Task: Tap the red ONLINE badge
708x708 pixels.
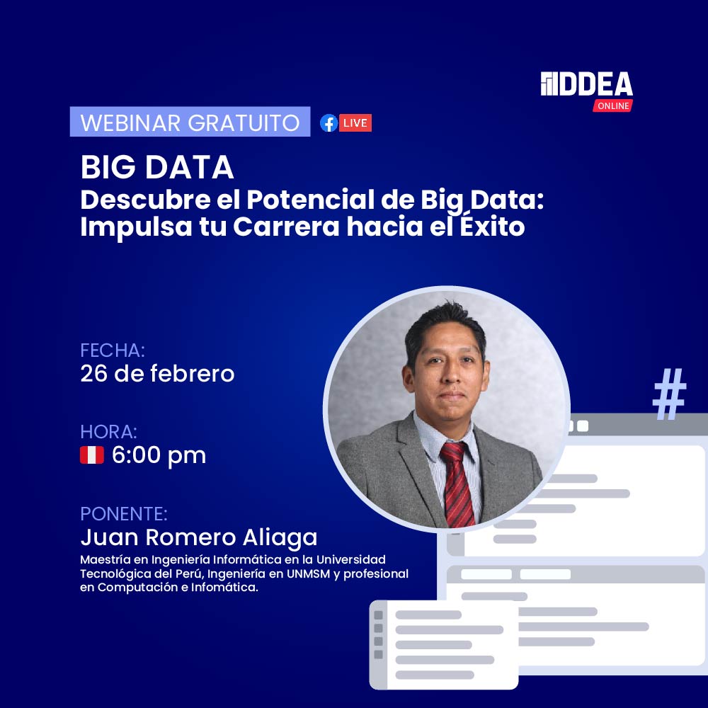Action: [x=612, y=105]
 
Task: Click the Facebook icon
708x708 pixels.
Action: [x=329, y=123]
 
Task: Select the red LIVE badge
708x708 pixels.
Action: [x=355, y=123]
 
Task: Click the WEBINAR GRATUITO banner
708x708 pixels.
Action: [x=190, y=122]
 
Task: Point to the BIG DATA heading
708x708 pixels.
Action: [x=157, y=168]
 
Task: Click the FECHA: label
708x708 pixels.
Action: [x=113, y=350]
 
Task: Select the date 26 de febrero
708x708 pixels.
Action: [x=157, y=373]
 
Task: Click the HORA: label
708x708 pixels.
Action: [x=108, y=432]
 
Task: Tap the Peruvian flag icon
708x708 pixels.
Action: [x=92, y=455]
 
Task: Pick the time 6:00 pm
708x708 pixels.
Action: [x=159, y=455]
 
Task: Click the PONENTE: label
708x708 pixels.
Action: [x=124, y=513]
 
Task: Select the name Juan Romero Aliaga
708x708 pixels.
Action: [x=199, y=537]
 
